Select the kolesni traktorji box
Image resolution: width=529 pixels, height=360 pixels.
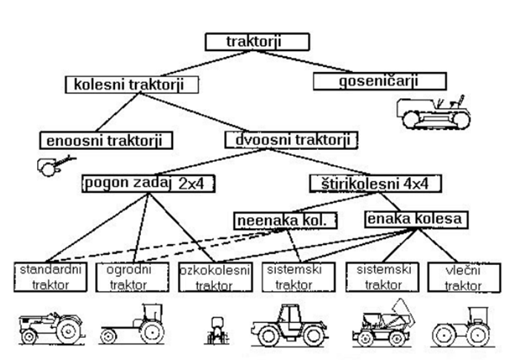coord(134,84)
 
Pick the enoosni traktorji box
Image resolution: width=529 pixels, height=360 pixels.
coord(106,140)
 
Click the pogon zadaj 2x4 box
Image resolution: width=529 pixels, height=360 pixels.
coord(147,183)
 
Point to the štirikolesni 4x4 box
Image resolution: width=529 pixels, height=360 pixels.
coord(375,183)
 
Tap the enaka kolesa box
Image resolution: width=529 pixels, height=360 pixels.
coord(415,219)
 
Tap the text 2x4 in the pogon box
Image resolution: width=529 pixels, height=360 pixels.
coord(191,183)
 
